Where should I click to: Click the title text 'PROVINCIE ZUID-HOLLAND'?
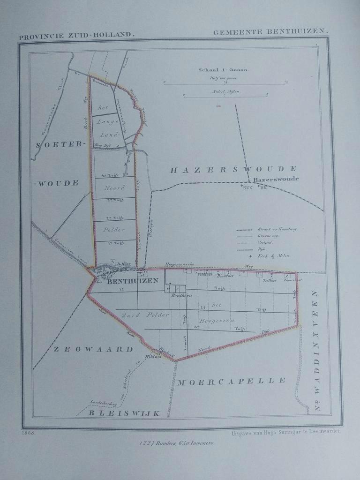(77, 35)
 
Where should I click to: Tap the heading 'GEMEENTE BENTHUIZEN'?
(270, 32)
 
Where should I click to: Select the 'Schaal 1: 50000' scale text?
(224, 70)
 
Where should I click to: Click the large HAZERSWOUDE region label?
(233, 170)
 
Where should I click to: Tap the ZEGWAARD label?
(93, 349)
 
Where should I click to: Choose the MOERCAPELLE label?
(231, 381)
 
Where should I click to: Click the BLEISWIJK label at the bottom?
(125, 413)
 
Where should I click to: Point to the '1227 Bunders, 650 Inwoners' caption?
(176, 443)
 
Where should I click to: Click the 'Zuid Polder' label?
(145, 315)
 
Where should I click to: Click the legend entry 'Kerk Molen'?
(277, 255)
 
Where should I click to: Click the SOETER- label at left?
(59, 145)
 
